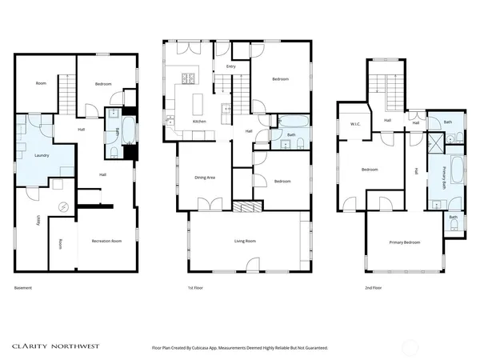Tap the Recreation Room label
(x=106, y=241)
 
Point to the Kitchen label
(x=200, y=122)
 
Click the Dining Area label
(x=206, y=178)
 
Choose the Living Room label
(x=244, y=241)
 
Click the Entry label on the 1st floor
(x=231, y=67)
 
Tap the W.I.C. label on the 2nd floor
(x=355, y=123)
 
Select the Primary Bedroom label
(x=405, y=242)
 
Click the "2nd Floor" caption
(x=374, y=287)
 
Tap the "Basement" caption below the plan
(x=23, y=287)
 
